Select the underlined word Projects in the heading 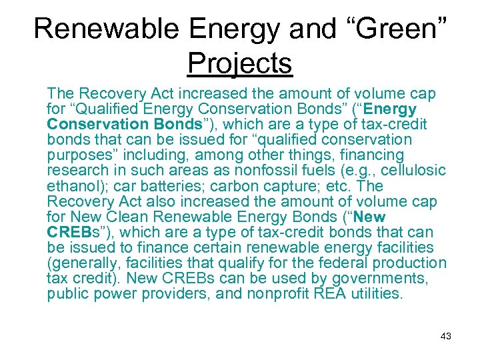[240, 63]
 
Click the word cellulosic [412, 171]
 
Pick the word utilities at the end [378, 294]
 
